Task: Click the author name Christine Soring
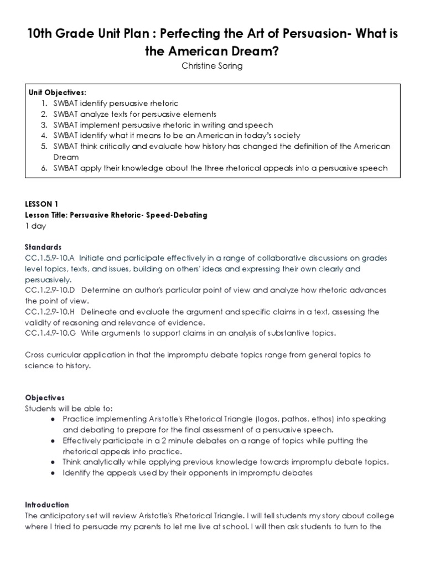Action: pos(212,66)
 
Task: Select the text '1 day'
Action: pos(35,226)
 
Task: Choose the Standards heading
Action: pos(43,247)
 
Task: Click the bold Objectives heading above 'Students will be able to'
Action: pos(45,398)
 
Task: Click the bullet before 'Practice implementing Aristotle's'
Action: pos(52,419)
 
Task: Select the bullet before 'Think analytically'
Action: pos(52,462)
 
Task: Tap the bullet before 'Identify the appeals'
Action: pos(52,473)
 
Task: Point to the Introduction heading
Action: pos(47,504)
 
